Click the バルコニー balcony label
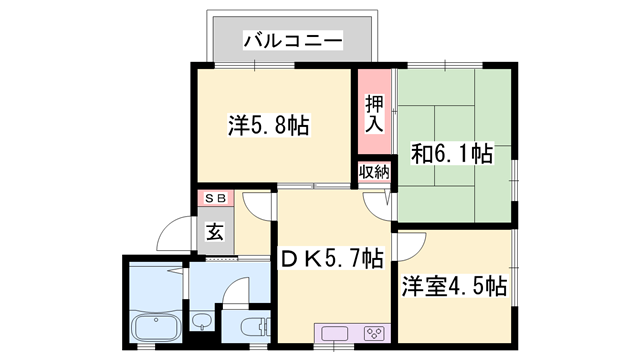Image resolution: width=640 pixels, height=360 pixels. pyautogui.click(x=293, y=41)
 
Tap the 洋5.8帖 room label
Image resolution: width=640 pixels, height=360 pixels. pyautogui.click(x=267, y=126)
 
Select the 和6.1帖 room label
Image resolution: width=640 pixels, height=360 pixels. pyautogui.click(x=452, y=154)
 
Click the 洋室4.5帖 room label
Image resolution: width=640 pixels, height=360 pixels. pyautogui.click(x=455, y=285)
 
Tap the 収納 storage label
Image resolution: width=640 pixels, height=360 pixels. pyautogui.click(x=375, y=173)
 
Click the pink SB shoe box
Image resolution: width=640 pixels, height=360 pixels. pyautogui.click(x=215, y=198)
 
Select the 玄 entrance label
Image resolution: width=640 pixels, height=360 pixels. pyautogui.click(x=215, y=233)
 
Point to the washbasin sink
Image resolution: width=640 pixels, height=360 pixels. pyautogui.click(x=201, y=323)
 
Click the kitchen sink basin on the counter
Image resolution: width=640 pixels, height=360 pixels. pyautogui.click(x=334, y=333)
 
